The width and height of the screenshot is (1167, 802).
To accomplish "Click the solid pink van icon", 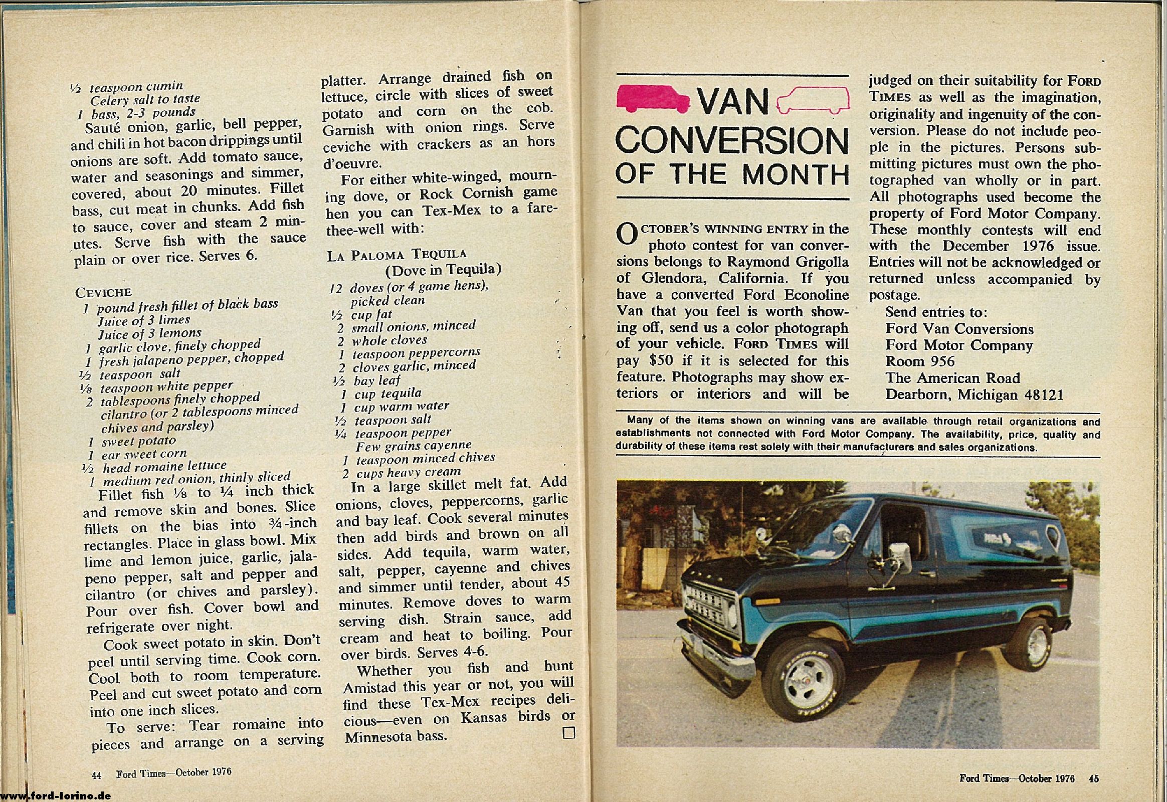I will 653,97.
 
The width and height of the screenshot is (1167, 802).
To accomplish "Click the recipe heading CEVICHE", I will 103,292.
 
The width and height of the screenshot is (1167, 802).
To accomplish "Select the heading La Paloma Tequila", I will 397,254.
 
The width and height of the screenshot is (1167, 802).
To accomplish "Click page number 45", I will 1093,779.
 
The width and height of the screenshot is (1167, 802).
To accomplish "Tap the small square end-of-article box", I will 568,733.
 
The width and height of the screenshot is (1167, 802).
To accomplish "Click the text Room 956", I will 920,361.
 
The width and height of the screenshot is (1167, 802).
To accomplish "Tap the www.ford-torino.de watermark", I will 55,796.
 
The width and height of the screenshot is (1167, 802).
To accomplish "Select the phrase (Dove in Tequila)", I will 443,270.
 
